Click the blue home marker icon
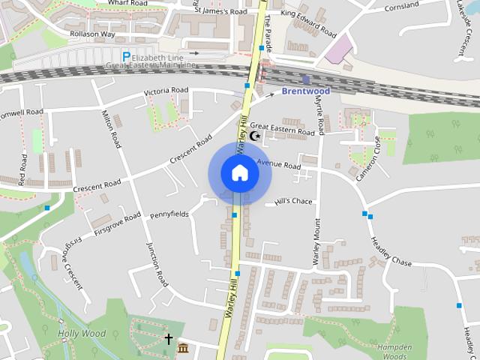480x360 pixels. coord(239,173)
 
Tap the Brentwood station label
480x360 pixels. coord(305,91)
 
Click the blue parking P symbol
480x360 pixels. coord(126,57)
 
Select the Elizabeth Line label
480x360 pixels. coord(163,57)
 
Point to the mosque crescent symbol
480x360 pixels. coord(255,136)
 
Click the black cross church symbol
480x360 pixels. coord(169,340)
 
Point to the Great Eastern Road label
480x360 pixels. coord(283,130)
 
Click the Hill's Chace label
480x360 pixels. coord(293,201)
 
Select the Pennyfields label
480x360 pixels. coord(169,214)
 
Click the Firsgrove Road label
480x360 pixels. coord(118,224)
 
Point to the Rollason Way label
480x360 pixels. coord(94,33)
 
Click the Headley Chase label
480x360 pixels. coord(391,252)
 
